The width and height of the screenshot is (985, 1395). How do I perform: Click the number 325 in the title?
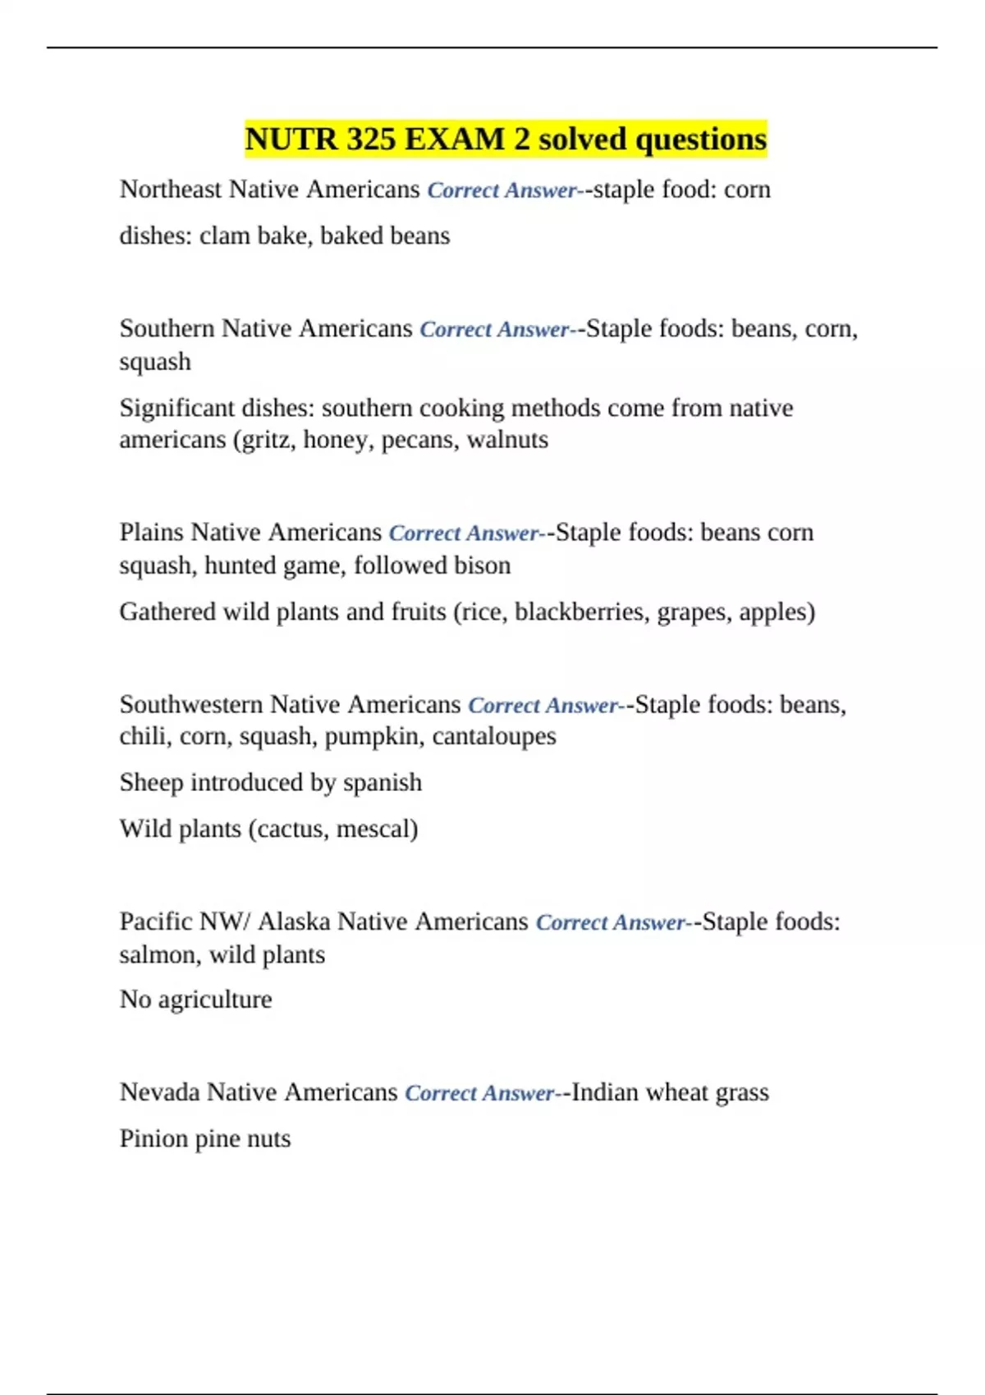[x=370, y=139]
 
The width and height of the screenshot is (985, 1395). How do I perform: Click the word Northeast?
[x=171, y=190]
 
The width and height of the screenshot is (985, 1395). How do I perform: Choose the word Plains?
[x=152, y=533]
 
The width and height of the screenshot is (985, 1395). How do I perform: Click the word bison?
[x=484, y=565]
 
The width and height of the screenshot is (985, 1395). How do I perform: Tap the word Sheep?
[x=151, y=783]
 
